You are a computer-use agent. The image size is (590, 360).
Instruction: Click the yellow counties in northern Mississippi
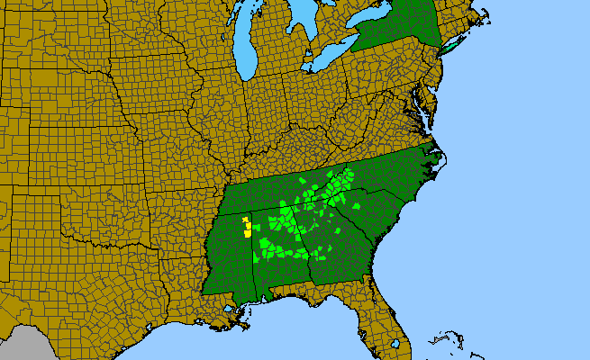click(x=247, y=226)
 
